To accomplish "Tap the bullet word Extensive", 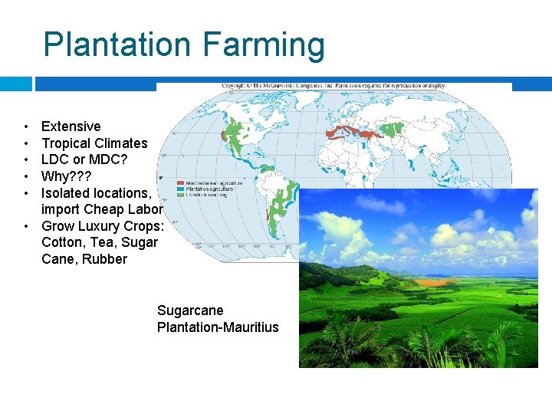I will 71,127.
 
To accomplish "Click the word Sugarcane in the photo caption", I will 190,310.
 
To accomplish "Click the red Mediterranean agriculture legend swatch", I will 181,183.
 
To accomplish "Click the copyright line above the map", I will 333,86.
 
